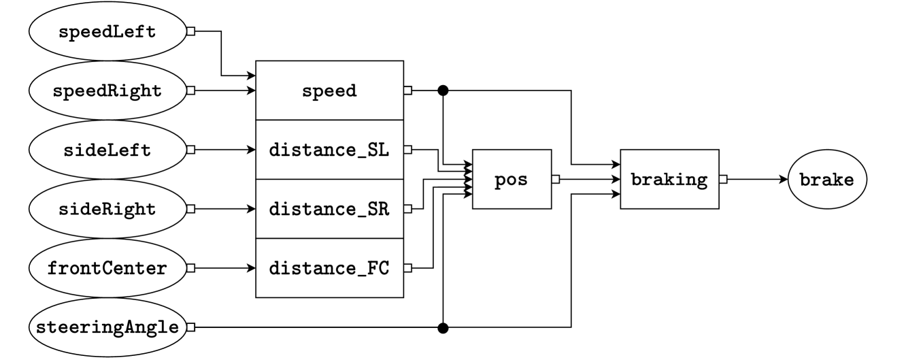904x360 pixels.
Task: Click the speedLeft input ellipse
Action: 107,31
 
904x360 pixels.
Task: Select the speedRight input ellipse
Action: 107,91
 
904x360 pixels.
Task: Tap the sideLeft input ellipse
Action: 107,150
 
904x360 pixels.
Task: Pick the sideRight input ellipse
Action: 107,209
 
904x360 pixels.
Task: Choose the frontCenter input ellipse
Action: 107,268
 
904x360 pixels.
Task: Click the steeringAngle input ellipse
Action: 107,327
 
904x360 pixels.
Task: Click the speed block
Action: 329,91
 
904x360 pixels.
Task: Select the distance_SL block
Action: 329,150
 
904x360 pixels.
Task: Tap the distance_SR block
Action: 329,209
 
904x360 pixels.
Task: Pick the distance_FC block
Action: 329,268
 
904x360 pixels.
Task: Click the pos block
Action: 512,180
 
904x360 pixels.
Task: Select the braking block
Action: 669,180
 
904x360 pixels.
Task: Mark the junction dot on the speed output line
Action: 443,90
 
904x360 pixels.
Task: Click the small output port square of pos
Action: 555,180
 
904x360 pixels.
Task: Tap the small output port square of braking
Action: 723,180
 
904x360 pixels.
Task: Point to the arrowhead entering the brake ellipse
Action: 782,180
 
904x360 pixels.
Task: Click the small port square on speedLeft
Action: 191,31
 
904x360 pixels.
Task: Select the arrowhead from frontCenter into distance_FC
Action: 251,268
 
